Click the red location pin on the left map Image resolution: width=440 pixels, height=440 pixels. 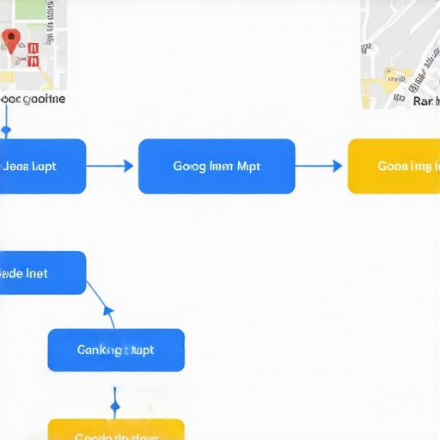click(11, 38)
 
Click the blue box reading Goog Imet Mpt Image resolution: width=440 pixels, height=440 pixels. click(217, 166)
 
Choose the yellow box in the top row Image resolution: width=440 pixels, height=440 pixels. click(394, 166)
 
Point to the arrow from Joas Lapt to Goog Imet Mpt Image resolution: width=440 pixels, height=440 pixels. click(111, 166)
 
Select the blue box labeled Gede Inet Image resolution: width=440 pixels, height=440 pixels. click(41, 272)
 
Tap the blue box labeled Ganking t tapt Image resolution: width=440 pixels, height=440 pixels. click(116, 350)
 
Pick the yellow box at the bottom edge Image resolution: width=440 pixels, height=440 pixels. click(116, 430)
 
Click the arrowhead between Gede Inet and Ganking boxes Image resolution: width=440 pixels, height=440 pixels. click(108, 310)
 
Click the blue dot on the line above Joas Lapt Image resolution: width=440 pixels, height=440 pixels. click(6, 131)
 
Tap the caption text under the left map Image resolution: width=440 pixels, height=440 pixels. click(33, 99)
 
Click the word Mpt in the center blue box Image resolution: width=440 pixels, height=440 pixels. click(248, 166)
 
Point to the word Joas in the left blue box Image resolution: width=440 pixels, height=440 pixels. click(17, 166)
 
